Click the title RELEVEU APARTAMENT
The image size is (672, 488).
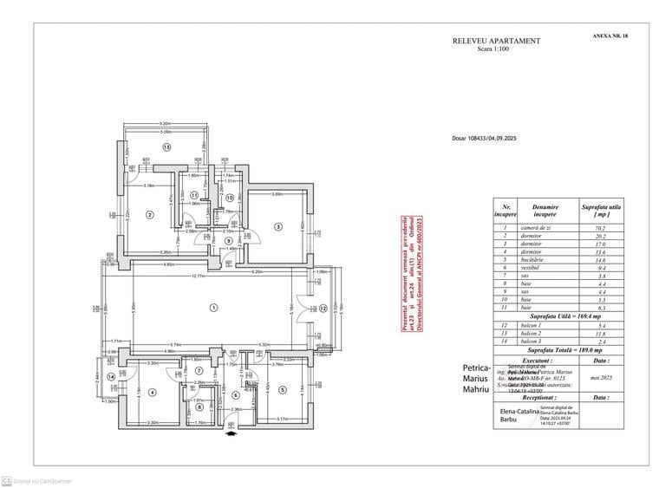pos(496,41)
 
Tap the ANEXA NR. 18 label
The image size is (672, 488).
pos(610,36)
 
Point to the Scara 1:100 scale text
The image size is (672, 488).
pos(495,49)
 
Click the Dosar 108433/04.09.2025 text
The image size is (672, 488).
pos(484,138)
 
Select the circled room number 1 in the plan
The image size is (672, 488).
pos(212,308)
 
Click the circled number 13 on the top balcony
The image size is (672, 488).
pos(166,148)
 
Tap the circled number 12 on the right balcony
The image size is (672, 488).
pos(322,308)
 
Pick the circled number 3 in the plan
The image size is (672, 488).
pos(278,226)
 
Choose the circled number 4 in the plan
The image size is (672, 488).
pos(152,392)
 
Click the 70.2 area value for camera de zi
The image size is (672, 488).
pos(598,228)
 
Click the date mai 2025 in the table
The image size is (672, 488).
pos(599,377)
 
